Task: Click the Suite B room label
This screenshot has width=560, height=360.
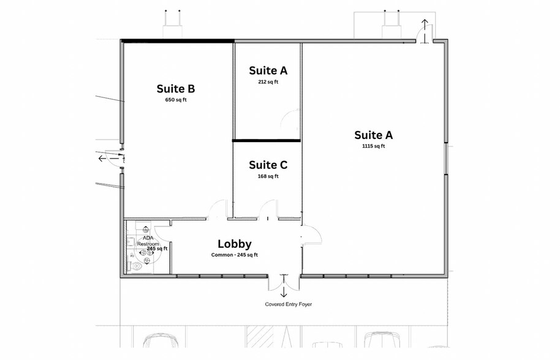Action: coord(176,89)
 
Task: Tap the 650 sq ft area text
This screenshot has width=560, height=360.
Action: coord(176,100)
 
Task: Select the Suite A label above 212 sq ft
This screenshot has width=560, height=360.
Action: coord(268,71)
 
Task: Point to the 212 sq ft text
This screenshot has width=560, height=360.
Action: coord(268,81)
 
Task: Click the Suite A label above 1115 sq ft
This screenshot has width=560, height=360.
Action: coord(374,135)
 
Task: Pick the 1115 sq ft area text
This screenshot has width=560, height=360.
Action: coord(374,146)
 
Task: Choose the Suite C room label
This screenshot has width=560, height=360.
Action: coord(268,165)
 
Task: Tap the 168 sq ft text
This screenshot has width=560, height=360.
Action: coord(268,176)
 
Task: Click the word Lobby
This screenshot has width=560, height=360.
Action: coord(235,244)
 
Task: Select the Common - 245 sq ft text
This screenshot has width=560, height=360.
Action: coord(235,255)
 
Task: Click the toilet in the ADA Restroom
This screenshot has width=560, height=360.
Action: coord(136,266)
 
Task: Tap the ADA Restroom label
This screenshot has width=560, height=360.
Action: coord(148,241)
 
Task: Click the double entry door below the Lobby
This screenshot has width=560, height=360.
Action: coord(284,282)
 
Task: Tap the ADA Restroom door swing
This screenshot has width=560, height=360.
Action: coord(162,233)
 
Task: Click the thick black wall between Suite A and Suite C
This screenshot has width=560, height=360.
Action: coord(267,140)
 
